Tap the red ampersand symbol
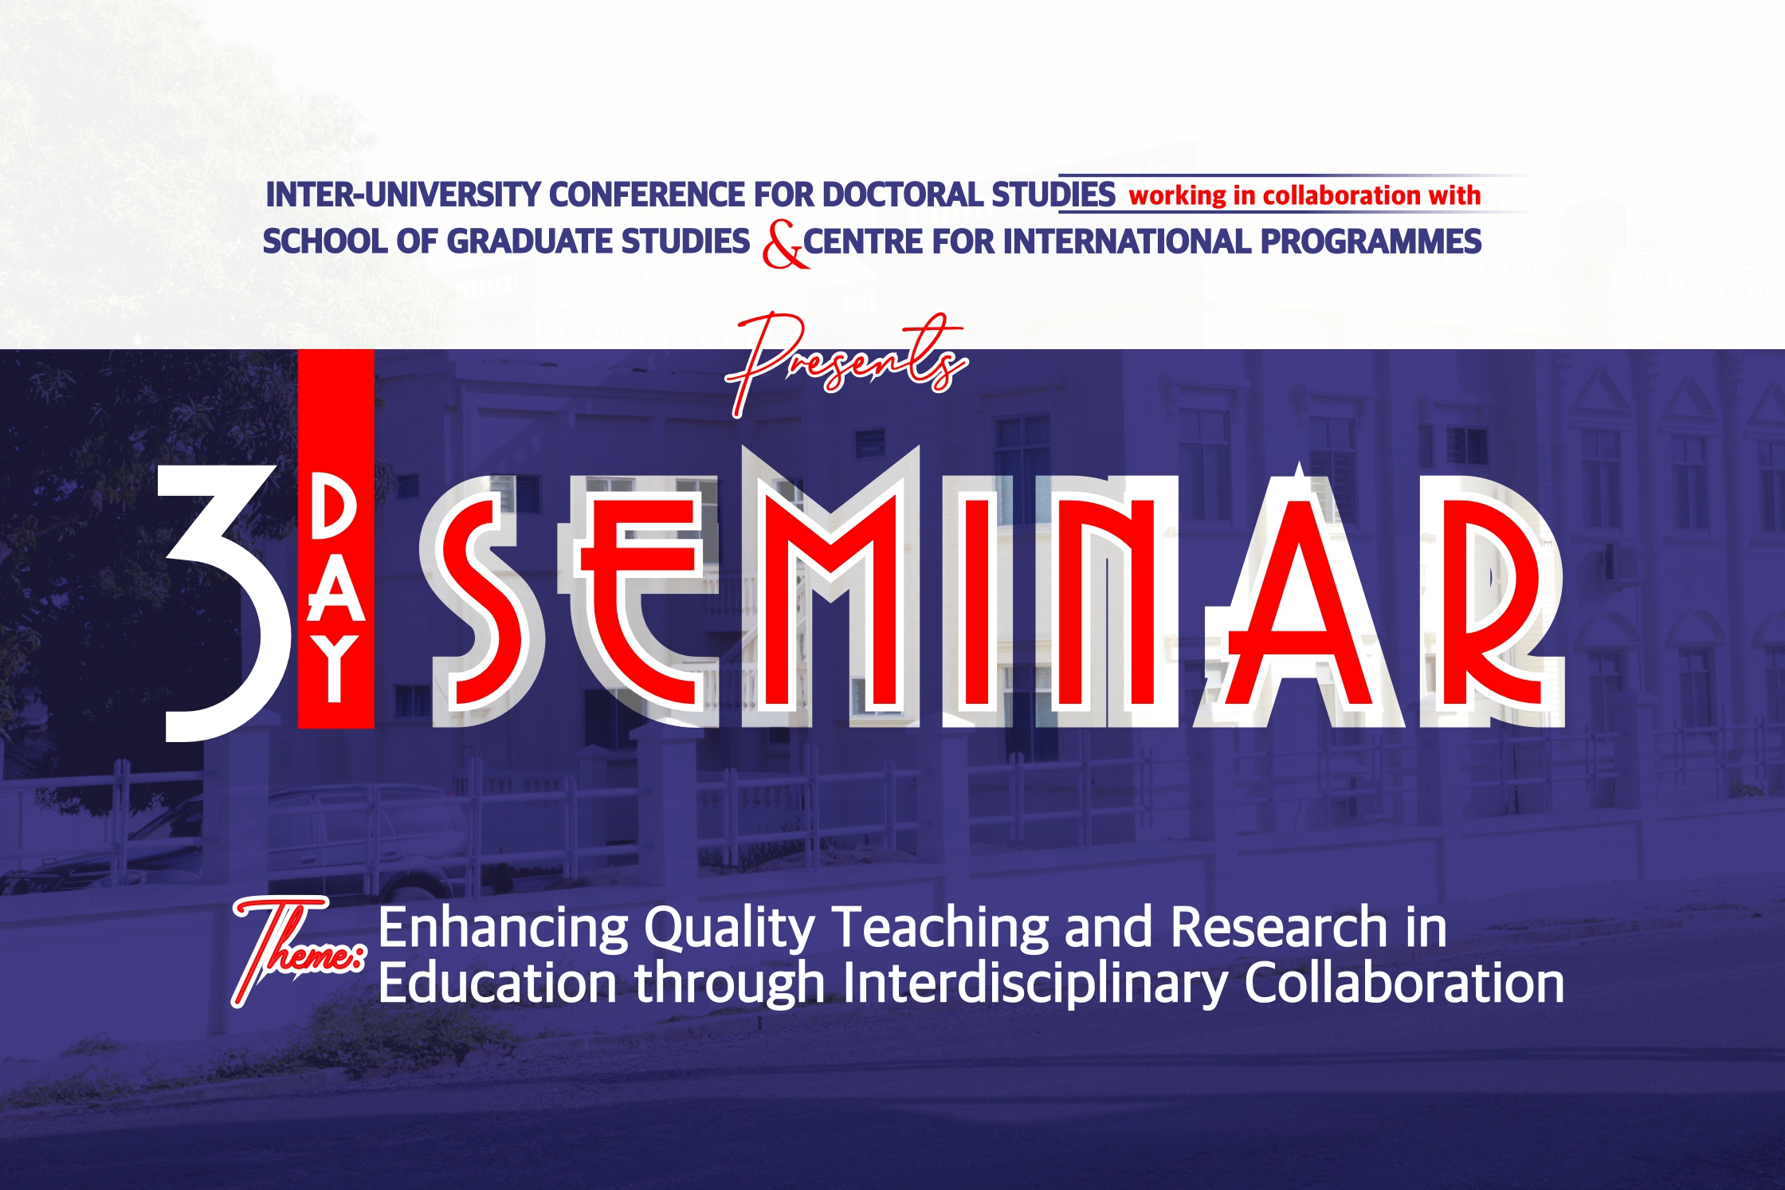pyautogui.click(x=784, y=244)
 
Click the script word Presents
pyautogui.click(x=846, y=363)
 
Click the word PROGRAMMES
pyautogui.click(x=1371, y=242)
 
